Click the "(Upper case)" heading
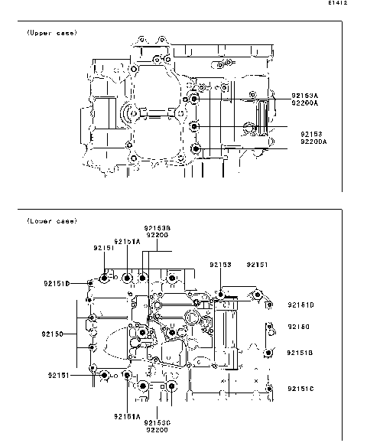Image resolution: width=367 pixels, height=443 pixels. tap(52, 33)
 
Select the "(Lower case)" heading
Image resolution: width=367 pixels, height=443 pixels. tap(52, 221)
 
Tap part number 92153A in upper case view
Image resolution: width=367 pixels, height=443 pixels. tap(304, 95)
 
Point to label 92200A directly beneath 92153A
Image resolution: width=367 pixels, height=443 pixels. tap(304, 103)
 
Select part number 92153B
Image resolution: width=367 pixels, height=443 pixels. tap(157, 228)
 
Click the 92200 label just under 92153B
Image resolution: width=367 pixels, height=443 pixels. tap(157, 236)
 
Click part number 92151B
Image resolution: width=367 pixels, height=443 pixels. tap(300, 353)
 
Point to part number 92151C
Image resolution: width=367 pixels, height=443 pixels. tap(300, 389)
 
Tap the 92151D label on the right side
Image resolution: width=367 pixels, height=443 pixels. tap(300, 305)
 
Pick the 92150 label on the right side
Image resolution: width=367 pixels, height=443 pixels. tap(298, 327)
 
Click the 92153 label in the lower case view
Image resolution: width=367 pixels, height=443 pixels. tap(220, 264)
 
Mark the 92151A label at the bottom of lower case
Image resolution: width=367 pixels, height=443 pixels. tap(127, 416)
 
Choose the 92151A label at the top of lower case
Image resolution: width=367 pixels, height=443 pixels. tap(127, 240)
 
